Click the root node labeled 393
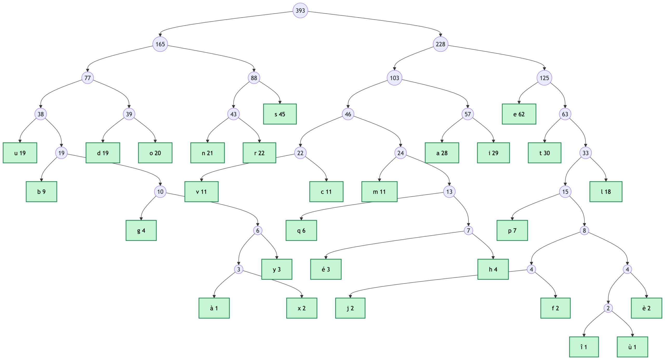point(300,10)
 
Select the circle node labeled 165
point(160,44)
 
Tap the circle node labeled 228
point(441,44)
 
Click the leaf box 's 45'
point(280,114)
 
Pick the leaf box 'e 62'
point(519,114)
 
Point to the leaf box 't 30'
point(544,153)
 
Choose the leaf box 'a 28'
point(442,153)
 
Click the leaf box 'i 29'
point(493,153)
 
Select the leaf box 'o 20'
point(155,153)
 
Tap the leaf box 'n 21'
point(207,153)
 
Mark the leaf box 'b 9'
point(41,192)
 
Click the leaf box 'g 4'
point(141,231)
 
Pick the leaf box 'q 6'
point(301,231)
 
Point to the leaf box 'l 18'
point(606,192)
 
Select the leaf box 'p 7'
point(512,231)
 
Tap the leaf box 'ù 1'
point(632,347)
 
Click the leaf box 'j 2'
point(350,308)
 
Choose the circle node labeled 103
point(394,78)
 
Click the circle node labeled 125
point(544,78)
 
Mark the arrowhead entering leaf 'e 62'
point(519,102)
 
